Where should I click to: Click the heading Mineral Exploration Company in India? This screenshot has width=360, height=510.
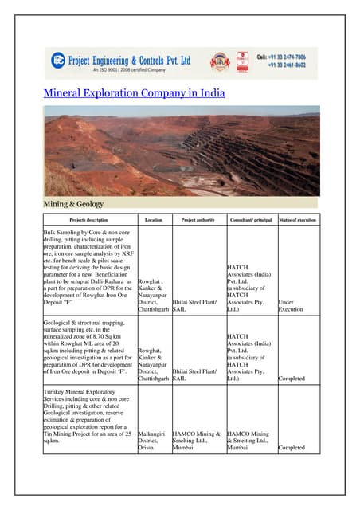(134, 93)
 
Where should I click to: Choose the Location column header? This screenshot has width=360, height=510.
(154, 219)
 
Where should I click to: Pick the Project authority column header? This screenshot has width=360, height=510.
(199, 219)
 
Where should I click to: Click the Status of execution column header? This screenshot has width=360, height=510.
(298, 219)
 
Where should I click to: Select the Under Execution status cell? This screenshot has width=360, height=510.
(292, 306)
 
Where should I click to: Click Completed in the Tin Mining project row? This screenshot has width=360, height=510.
(292, 448)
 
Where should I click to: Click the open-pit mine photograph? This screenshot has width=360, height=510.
(179, 151)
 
